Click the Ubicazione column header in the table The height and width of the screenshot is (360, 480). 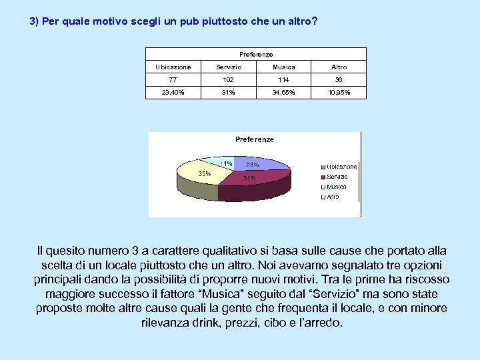[x=173, y=67]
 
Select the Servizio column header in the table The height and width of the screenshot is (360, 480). [x=229, y=67]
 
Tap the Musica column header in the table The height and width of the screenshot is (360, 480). [x=284, y=67]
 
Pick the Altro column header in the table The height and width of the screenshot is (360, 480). [x=339, y=67]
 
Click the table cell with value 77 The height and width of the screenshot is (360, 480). [x=173, y=79]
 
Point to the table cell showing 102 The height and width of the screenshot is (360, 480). [x=229, y=79]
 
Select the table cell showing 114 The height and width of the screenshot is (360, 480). [x=284, y=79]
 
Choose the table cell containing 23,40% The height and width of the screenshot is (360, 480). [x=173, y=93]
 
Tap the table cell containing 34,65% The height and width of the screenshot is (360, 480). [x=284, y=93]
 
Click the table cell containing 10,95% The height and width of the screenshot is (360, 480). [x=339, y=93]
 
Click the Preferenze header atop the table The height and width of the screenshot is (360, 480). [x=256, y=54]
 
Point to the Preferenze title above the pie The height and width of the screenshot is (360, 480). [x=254, y=139]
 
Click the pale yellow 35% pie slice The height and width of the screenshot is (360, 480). [x=200, y=175]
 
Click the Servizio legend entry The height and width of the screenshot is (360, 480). [x=337, y=177]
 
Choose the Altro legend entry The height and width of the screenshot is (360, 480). [x=332, y=197]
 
